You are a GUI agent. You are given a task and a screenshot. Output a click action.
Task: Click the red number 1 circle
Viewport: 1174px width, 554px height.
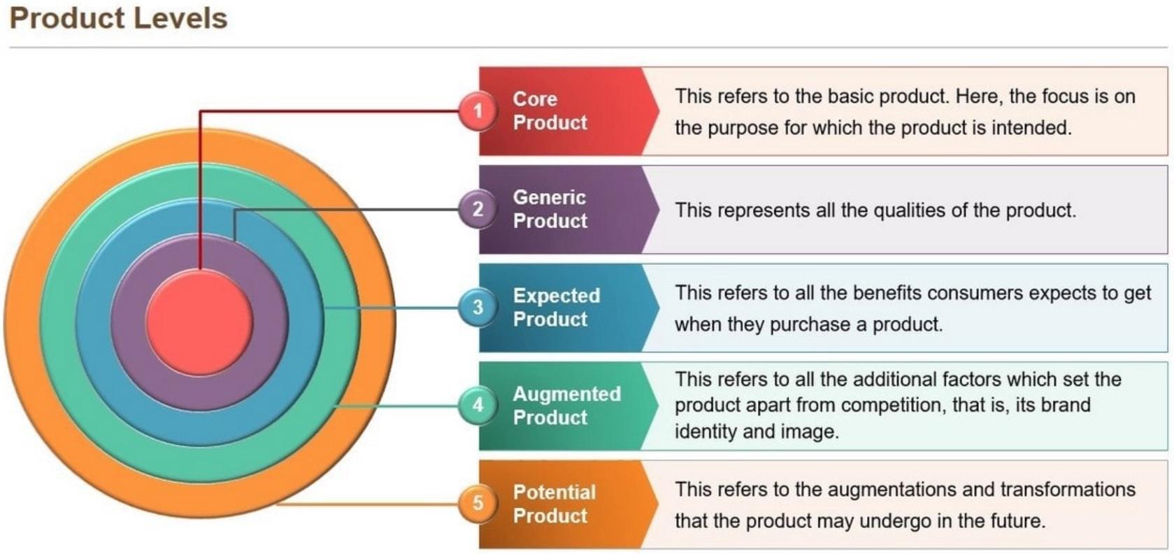click(478, 111)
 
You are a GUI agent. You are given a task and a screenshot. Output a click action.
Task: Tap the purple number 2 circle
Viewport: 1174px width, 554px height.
click(478, 208)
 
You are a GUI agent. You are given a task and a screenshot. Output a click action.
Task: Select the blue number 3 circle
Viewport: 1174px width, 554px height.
click(478, 307)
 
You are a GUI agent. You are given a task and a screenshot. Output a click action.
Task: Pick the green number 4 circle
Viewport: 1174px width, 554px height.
click(478, 405)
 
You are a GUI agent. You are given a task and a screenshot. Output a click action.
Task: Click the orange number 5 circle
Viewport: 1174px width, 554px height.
click(478, 503)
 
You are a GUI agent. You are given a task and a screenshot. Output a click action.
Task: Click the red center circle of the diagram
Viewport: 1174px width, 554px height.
click(199, 322)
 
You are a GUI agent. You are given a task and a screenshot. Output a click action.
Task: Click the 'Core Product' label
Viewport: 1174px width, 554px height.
click(550, 111)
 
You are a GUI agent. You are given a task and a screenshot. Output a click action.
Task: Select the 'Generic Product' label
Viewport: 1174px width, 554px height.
click(550, 208)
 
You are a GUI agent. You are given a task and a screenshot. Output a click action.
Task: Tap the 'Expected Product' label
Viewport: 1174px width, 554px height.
click(556, 307)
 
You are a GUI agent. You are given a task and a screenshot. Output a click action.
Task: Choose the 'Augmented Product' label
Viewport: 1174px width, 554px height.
click(566, 405)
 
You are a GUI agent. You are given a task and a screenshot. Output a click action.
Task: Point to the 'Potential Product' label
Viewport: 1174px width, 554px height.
click(554, 504)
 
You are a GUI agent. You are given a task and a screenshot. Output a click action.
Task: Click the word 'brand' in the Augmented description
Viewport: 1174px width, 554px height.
click(1066, 405)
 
